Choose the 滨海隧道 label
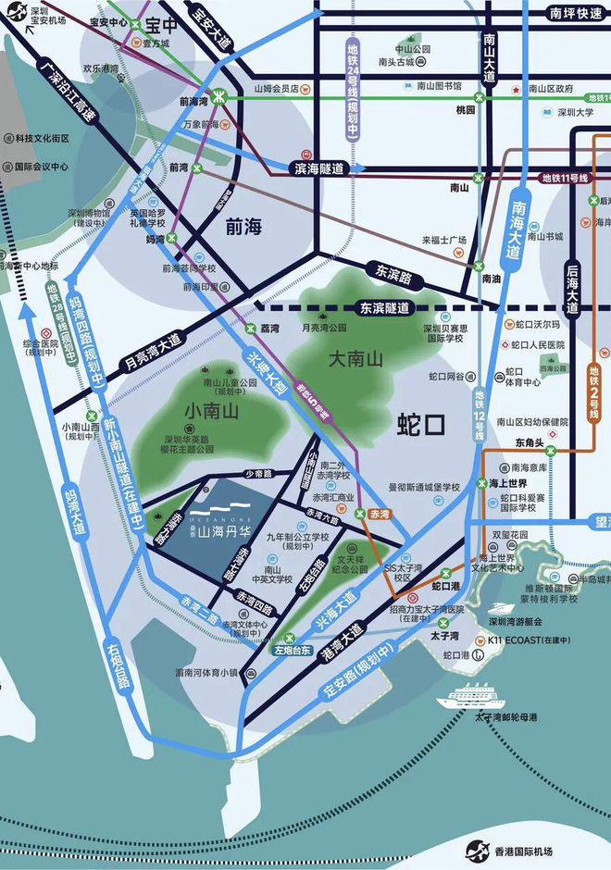coord(318,168)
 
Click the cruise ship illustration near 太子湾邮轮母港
coord(475,696)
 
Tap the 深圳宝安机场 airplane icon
coord(14,17)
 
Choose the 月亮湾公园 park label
coord(324,327)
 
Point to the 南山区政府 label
coord(552,89)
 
